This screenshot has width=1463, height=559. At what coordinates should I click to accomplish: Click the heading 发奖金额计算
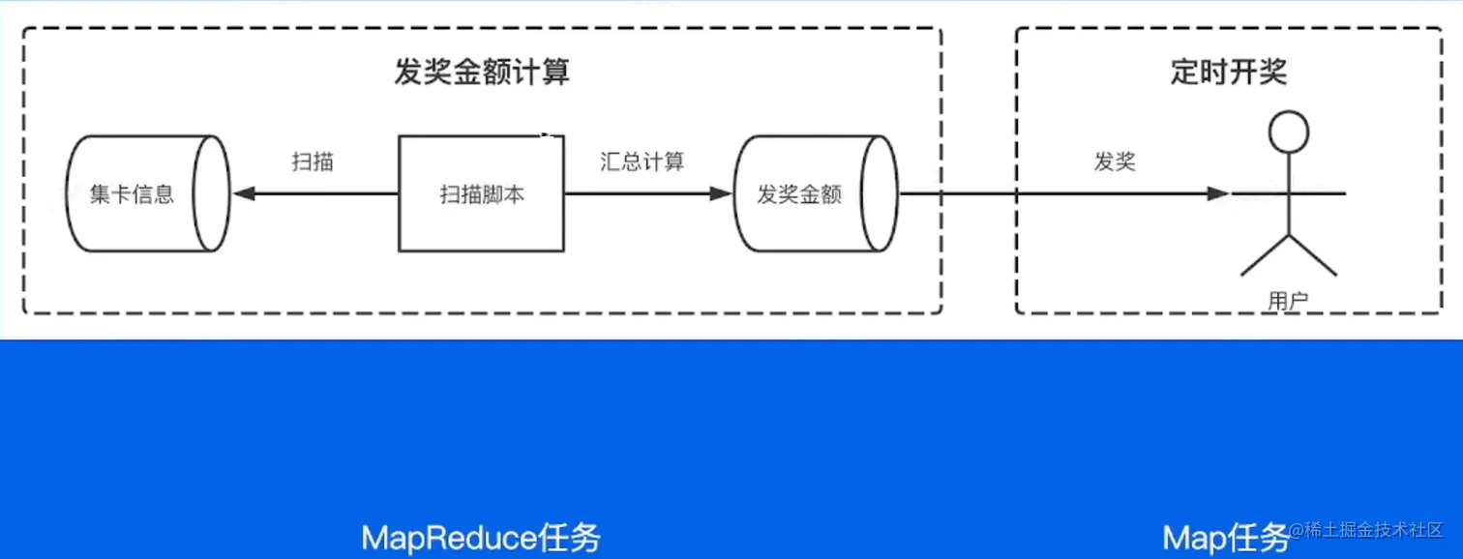point(482,73)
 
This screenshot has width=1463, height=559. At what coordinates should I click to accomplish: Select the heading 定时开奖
point(1229,73)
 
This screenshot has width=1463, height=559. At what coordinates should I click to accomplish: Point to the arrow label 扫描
point(313,162)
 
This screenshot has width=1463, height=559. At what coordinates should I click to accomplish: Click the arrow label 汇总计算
point(642,162)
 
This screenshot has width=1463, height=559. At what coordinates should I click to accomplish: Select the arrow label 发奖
point(1115,162)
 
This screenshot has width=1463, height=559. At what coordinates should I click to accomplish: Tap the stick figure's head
point(1288,133)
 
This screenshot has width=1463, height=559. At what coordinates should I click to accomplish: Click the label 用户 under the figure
point(1288,301)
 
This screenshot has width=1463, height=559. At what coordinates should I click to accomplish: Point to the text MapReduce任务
point(481,537)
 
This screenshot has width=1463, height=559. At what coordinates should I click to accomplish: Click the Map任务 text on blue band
point(1225,537)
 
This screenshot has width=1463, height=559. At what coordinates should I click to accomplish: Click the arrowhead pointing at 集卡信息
point(243,194)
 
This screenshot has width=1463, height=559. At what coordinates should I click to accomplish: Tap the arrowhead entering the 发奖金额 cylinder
point(721,194)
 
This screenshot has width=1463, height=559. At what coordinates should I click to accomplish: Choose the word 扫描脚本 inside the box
point(482,194)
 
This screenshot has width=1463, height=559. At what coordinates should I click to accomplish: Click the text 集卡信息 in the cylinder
point(133,194)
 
